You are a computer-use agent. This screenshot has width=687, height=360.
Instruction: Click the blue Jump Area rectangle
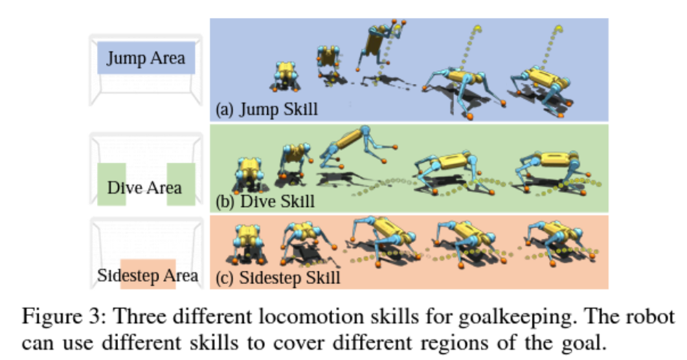click(x=146, y=58)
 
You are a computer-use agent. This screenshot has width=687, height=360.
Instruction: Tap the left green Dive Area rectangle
click(x=111, y=184)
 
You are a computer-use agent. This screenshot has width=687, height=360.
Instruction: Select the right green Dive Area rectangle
click(x=181, y=184)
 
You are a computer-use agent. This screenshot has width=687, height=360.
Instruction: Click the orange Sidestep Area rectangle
click(x=148, y=274)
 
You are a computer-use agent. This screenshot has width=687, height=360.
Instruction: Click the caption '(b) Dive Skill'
click(x=265, y=201)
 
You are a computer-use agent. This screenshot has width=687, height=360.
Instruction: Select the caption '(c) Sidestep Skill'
click(x=278, y=278)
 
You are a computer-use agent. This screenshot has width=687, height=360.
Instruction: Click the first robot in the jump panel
click(x=286, y=76)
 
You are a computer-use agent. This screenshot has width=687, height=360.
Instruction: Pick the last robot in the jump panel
click(x=541, y=90)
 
